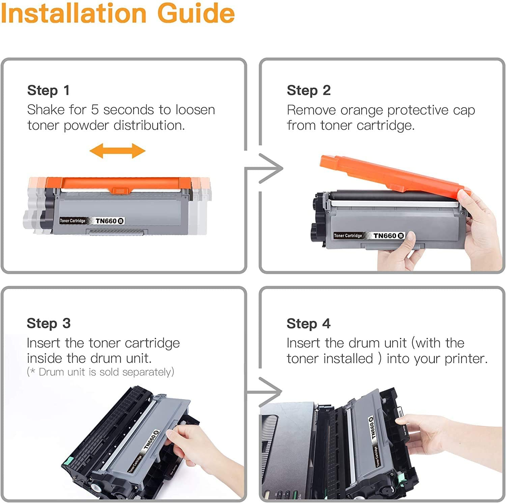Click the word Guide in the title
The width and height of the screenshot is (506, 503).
(x=196, y=13)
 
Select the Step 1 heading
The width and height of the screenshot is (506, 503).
(x=48, y=90)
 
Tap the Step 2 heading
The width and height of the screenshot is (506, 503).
(x=308, y=90)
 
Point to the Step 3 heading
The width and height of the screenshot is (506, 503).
(x=49, y=323)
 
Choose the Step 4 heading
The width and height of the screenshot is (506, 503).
(x=308, y=324)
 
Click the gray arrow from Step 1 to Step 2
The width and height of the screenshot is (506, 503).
(x=270, y=168)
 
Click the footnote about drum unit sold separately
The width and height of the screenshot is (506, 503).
(x=100, y=372)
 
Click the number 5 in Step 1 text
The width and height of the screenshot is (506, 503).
(x=94, y=110)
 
